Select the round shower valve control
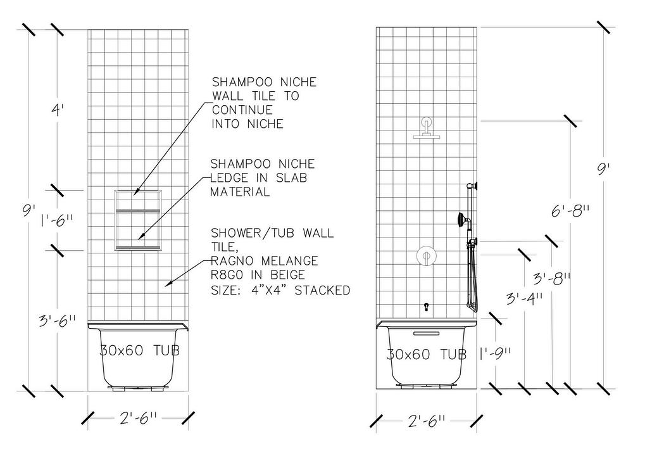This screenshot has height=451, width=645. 426,256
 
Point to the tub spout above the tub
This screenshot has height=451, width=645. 427,307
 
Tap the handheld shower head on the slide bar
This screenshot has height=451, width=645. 461,220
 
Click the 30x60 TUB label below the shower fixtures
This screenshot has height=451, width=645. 427,354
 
